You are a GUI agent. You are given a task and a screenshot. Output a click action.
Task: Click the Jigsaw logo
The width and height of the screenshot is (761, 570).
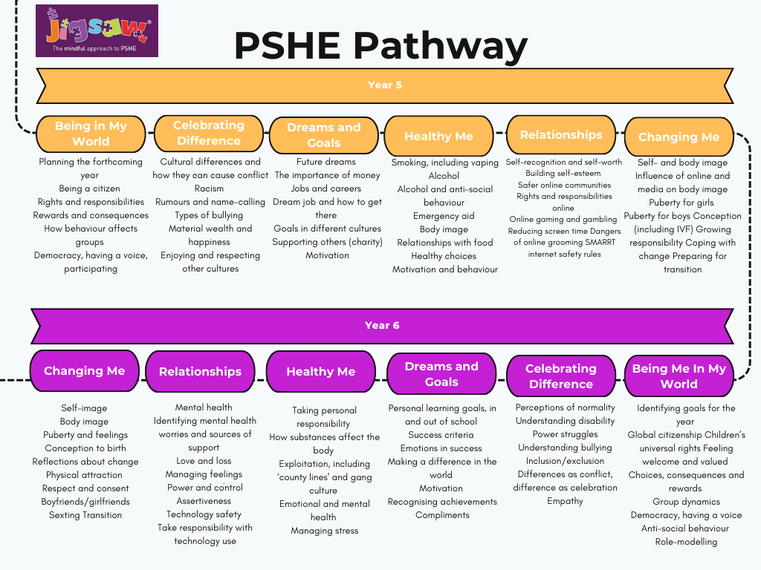(x=97, y=30)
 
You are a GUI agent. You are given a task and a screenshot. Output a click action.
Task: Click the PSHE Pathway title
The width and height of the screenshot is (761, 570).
(x=380, y=46)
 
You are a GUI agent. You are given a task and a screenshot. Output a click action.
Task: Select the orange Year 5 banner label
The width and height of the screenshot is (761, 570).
(x=385, y=85)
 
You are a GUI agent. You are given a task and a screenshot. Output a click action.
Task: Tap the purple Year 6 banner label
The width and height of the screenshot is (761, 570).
(x=382, y=325)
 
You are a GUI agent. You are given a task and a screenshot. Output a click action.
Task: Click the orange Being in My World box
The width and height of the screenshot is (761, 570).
(x=91, y=134)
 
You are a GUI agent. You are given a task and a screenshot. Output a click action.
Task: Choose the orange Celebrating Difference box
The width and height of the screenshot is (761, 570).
(x=208, y=133)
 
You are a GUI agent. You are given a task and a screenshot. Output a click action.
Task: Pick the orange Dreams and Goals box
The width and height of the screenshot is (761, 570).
(x=323, y=135)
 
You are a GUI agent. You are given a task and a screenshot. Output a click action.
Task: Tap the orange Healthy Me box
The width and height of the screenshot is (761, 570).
(x=438, y=136)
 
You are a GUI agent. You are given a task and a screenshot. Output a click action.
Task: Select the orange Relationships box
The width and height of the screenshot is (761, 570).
(x=561, y=134)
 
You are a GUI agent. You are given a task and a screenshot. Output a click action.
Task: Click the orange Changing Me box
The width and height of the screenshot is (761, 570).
(x=679, y=137)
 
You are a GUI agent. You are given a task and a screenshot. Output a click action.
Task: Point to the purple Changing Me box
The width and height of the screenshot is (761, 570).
(x=84, y=370)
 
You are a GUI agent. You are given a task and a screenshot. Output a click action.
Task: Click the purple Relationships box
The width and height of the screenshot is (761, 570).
(x=200, y=371)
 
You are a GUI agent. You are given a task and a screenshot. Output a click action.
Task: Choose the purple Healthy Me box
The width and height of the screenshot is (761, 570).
(x=321, y=371)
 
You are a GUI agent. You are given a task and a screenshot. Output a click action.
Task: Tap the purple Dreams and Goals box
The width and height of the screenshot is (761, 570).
(x=441, y=374)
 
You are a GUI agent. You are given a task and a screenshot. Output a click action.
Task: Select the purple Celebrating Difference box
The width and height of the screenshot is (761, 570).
(x=561, y=376)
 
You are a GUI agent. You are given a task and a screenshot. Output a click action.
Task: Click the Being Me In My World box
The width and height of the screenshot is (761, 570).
(x=679, y=376)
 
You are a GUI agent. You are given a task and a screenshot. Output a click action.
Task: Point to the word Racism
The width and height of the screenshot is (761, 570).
(x=209, y=189)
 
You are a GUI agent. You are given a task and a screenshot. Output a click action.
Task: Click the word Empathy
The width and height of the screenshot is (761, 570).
(x=565, y=501)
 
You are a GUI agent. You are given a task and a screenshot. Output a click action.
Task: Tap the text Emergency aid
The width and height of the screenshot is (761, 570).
(x=444, y=216)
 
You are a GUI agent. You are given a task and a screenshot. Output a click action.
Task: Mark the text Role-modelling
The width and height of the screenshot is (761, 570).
(x=686, y=542)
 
